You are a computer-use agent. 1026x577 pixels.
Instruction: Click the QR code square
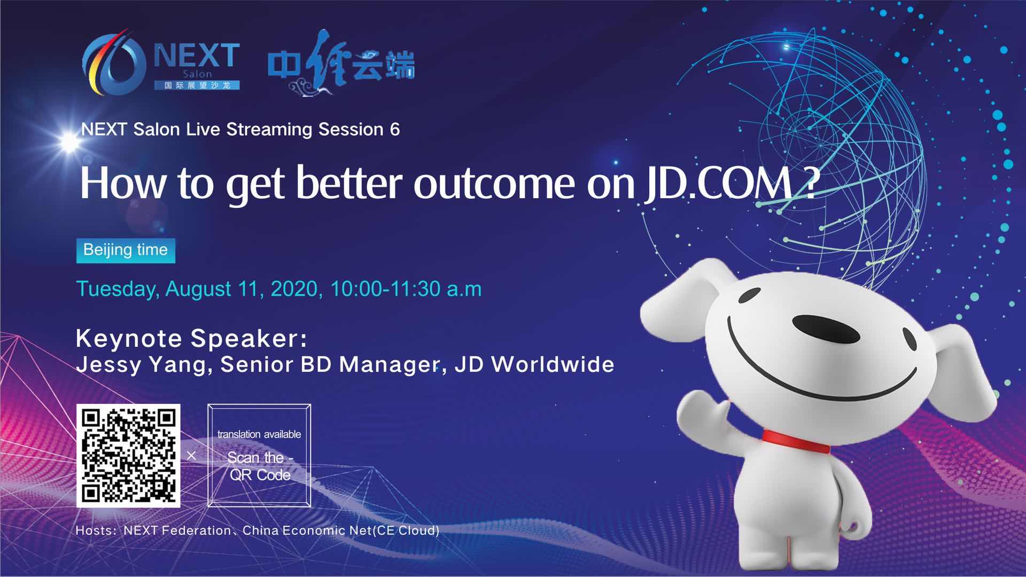[128, 456]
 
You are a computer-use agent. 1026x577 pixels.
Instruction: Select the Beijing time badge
[126, 250]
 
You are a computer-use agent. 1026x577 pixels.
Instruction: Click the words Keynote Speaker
[192, 339]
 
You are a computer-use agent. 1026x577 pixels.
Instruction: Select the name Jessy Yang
[141, 365]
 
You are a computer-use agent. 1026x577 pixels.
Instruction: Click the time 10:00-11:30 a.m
[406, 289]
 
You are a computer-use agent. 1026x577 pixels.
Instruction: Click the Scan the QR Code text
[260, 466]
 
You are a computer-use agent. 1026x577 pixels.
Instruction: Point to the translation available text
[259, 434]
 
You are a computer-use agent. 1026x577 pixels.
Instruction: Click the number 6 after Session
[394, 130]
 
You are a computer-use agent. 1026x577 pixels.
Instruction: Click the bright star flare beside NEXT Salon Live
[69, 142]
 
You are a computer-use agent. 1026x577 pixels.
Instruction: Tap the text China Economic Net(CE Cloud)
[341, 531]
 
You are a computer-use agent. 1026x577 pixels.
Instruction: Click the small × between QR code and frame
[191, 456]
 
